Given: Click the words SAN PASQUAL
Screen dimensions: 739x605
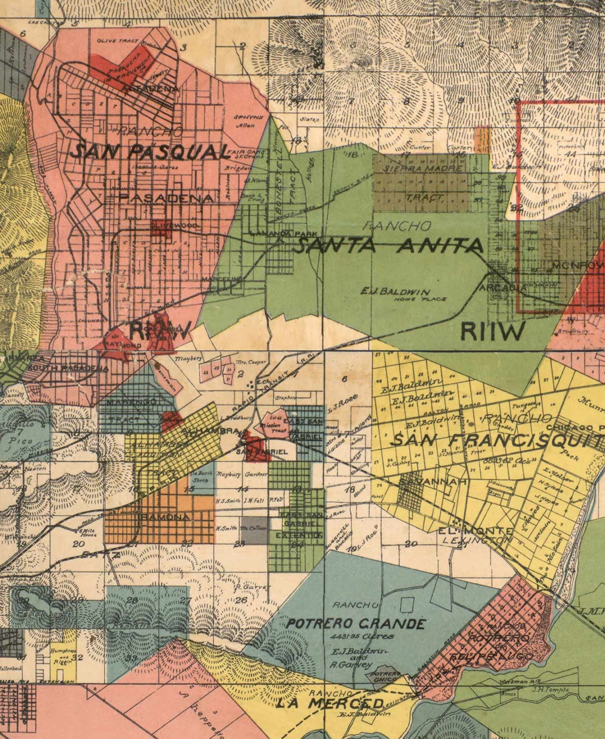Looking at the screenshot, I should click(150, 151).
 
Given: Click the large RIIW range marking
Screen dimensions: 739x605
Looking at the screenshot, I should click(493, 332).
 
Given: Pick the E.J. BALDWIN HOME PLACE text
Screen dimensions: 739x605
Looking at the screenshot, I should click(402, 294).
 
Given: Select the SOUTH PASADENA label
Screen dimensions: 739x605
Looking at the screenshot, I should click(68, 368).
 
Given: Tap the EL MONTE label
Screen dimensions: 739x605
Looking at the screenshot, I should click(476, 531).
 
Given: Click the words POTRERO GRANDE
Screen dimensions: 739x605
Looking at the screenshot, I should click(356, 624).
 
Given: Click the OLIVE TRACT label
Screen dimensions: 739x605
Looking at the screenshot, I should click(117, 41).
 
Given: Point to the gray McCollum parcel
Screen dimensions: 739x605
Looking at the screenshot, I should click(254, 530).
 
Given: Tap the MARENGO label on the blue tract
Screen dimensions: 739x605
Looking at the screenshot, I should click(132, 402).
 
